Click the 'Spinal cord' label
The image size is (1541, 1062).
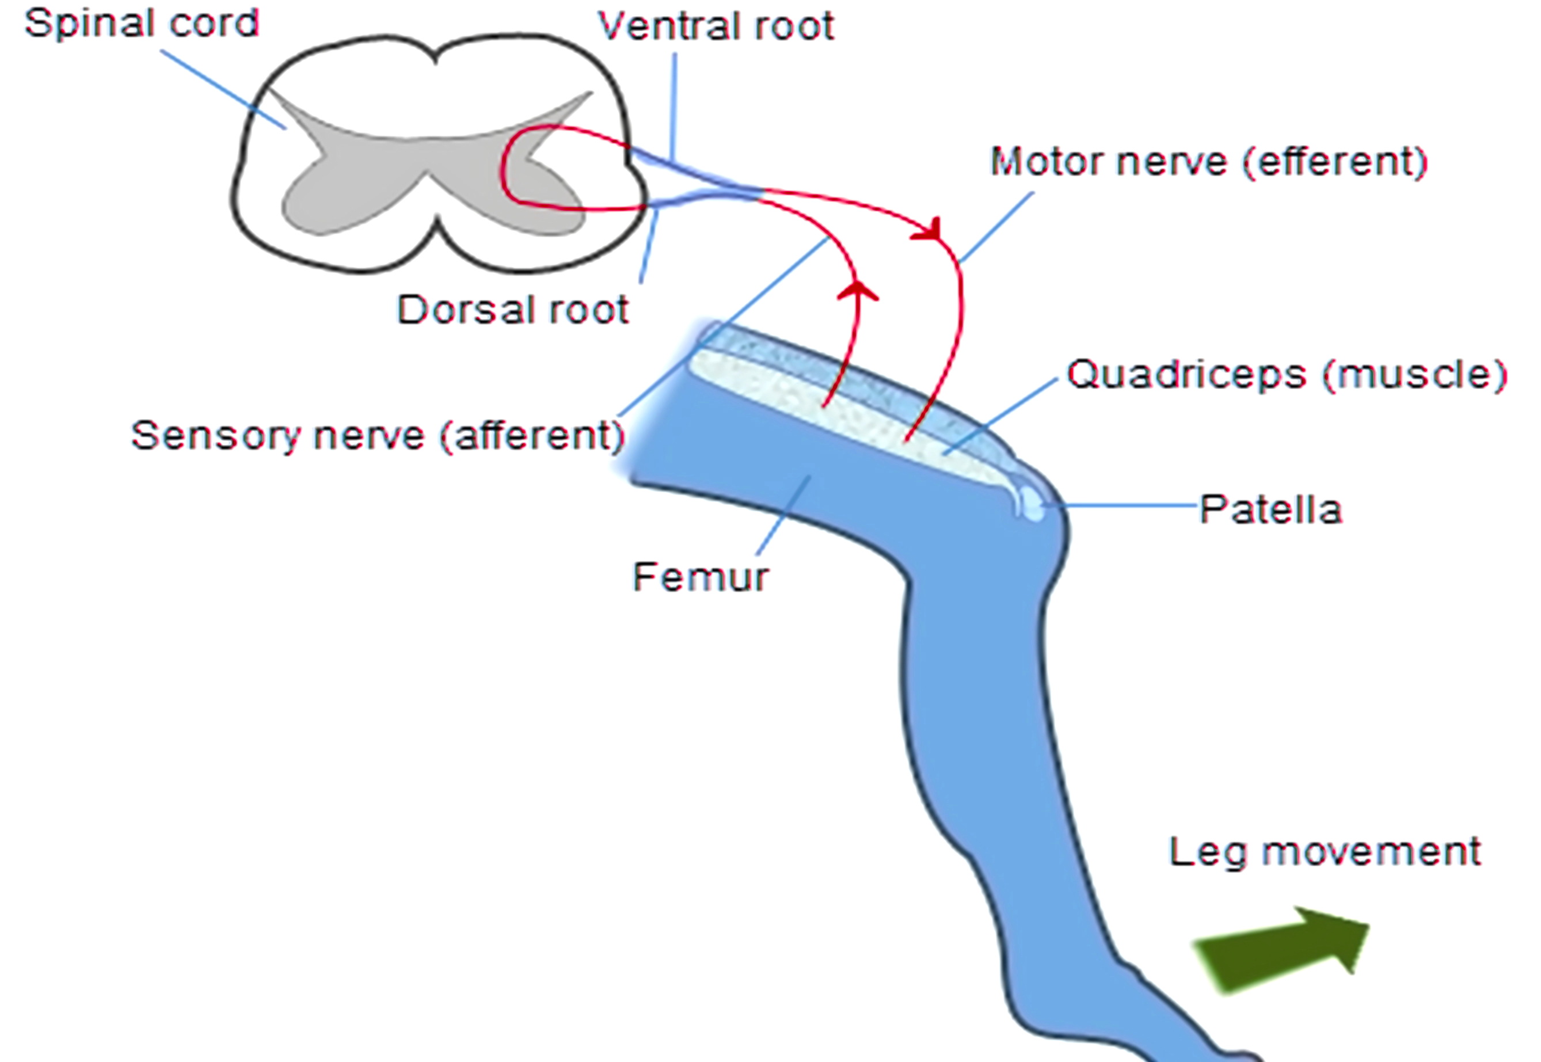tap(141, 25)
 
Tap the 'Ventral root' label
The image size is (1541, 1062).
tap(716, 27)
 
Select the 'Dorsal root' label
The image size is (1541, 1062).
tap(512, 310)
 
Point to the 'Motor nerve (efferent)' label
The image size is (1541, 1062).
tap(1208, 162)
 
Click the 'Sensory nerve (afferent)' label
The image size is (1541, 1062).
tap(377, 436)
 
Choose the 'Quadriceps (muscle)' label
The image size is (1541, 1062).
tap(1286, 375)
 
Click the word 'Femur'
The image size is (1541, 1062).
tap(700, 577)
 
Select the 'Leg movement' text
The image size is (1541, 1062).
tap(1325, 852)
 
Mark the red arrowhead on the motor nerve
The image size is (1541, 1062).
tap(930, 230)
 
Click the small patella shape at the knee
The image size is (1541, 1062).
tap(1032, 504)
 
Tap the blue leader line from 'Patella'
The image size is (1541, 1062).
tap(1124, 506)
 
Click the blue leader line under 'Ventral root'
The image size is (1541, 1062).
tap(674, 106)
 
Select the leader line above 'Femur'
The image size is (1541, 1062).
tap(784, 516)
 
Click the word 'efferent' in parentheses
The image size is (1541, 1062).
tap(1335, 162)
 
